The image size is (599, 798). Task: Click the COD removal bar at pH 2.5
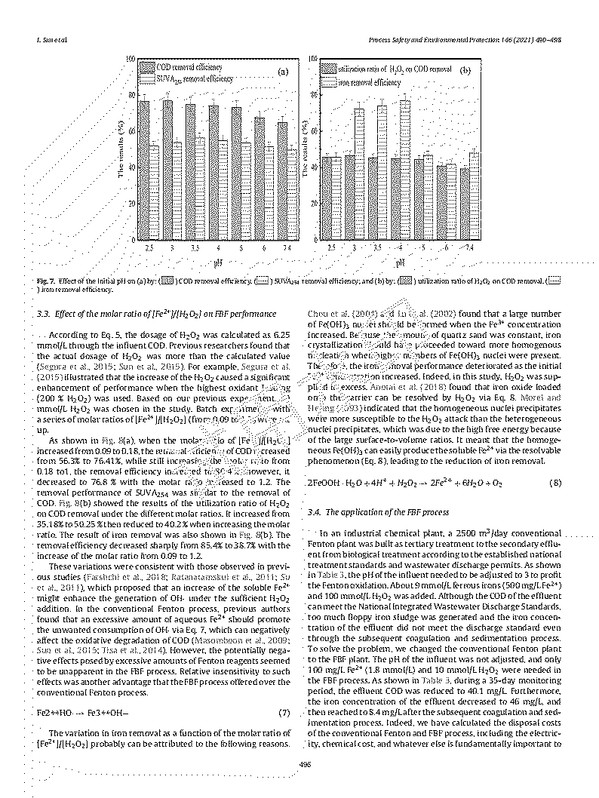[x=144, y=170]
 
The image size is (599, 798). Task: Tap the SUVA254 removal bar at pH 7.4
[x=293, y=194]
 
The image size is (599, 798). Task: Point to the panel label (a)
[x=283, y=73]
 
